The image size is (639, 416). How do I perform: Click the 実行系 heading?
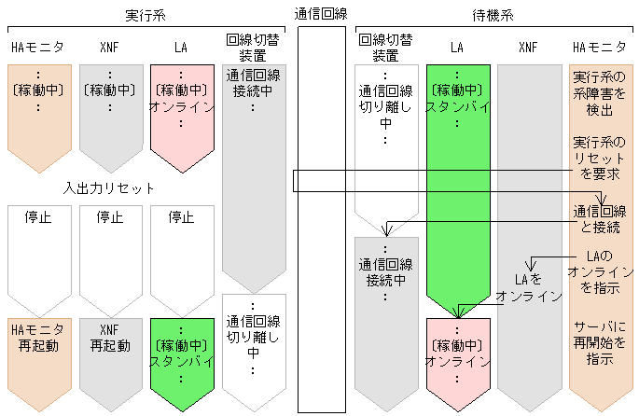tap(144, 16)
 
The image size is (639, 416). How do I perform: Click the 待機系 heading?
tap(494, 16)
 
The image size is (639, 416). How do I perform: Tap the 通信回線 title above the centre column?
tap(321, 14)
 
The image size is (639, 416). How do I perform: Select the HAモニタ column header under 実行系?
tap(38, 47)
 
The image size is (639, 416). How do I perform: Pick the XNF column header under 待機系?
tap(528, 47)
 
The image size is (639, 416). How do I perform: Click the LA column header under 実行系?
tap(181, 47)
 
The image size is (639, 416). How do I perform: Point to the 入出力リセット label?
tap(109, 188)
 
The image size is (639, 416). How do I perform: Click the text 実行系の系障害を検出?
tap(600, 93)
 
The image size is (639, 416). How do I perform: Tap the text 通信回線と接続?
tap(600, 220)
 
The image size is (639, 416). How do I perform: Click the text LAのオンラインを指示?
tap(600, 272)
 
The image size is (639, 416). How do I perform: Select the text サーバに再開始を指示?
tap(600, 344)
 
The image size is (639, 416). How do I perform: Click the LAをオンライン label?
tap(528, 287)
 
